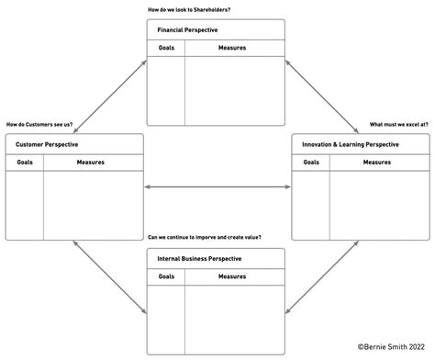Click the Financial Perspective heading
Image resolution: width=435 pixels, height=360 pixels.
point(187,30)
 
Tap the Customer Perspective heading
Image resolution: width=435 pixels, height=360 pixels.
point(47,145)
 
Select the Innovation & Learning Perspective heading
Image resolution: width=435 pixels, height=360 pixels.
point(350,145)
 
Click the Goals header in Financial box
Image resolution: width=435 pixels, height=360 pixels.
point(166,48)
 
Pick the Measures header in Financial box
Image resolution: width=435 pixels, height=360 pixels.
point(231,48)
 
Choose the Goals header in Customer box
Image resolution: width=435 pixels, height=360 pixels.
point(25,163)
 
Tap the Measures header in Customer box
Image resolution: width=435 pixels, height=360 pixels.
point(90,163)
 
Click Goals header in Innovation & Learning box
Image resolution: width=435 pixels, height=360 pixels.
point(311,163)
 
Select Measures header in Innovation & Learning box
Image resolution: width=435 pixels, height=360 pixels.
point(376,163)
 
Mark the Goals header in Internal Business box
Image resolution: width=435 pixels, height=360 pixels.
point(166,276)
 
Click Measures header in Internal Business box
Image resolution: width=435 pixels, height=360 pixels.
point(231,276)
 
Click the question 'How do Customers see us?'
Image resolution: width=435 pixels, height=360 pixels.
point(39,124)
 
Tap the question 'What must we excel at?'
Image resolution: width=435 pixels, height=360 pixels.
point(398,124)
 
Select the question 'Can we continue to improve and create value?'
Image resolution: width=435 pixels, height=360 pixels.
point(204,238)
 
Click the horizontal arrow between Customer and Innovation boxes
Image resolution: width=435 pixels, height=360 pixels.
point(217,187)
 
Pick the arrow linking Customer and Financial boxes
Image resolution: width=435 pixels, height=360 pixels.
point(109,96)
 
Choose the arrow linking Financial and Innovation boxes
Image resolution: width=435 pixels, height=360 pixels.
point(322,96)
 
